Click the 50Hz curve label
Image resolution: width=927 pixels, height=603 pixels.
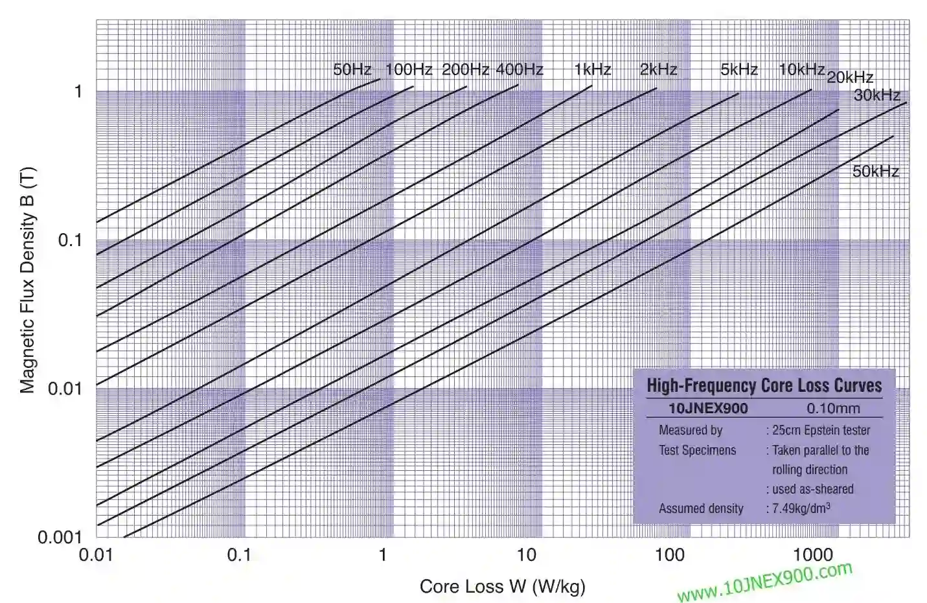pos(352,69)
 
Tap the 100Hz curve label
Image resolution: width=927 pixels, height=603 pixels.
pos(409,69)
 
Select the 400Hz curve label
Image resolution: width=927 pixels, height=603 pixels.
pos(520,69)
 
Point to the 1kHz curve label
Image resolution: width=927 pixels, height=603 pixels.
pos(593,69)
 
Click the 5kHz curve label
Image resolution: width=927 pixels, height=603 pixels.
pos(739,69)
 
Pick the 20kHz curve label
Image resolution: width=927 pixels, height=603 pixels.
pos(850,77)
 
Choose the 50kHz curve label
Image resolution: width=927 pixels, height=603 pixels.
pos(876,171)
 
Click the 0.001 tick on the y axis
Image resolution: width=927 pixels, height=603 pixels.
pos(60,537)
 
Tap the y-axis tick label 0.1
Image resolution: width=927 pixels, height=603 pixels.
pos(71,240)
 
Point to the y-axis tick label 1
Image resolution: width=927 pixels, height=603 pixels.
pos(78,91)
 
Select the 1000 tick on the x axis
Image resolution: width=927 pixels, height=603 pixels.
pos(812,555)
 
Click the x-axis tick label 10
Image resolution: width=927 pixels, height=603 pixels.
pos(526,555)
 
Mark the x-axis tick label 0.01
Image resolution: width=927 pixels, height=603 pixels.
pos(96,555)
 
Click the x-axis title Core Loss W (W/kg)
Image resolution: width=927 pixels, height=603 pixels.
pos(502,587)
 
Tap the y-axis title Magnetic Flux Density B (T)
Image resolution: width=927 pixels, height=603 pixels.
pos(27,280)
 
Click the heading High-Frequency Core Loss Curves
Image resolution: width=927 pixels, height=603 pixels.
pos(764,386)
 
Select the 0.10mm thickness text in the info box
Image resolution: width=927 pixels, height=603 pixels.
pos(833,409)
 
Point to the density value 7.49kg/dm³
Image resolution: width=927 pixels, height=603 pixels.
pos(801,508)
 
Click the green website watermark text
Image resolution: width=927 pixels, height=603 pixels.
pos(764,582)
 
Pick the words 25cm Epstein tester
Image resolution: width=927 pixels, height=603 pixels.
pos(821,430)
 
